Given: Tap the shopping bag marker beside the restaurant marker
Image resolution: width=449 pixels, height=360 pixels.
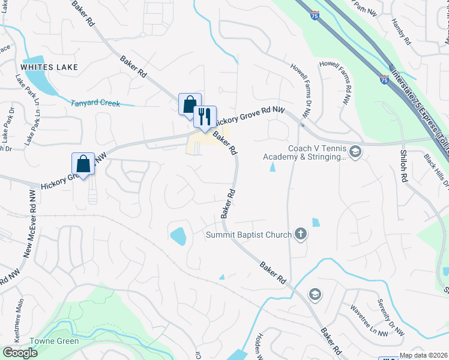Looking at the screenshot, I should click(190, 104).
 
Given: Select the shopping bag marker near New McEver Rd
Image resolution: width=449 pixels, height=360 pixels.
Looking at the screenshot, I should click(83, 163).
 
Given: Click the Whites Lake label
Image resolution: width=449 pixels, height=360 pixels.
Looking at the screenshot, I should click(49, 67).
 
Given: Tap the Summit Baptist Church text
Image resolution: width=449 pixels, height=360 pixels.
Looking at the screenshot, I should click(249, 235).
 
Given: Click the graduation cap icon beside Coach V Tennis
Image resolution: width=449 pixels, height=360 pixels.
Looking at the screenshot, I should click(356, 151).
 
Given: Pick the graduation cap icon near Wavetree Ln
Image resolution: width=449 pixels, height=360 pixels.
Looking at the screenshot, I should click(314, 294).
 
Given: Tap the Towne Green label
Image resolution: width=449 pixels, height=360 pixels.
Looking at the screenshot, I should click(58, 341).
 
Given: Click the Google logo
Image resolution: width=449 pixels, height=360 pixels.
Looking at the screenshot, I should click(20, 353).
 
